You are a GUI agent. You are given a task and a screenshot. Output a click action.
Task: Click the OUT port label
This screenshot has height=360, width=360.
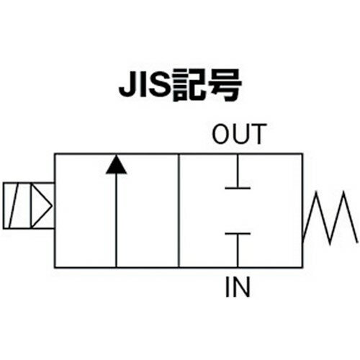point(240,134)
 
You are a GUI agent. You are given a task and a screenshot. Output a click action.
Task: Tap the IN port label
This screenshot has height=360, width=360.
point(238,287)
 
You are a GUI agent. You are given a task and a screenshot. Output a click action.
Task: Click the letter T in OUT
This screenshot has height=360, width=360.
point(258,134)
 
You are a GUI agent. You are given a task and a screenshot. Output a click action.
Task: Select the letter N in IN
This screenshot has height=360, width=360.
point(241,287)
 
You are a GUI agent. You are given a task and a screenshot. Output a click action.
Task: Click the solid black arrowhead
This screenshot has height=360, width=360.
point(116,164)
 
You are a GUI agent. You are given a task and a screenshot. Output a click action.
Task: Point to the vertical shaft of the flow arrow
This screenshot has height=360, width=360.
point(116,220)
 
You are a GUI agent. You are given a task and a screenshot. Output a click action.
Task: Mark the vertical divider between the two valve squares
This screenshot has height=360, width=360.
point(179,210)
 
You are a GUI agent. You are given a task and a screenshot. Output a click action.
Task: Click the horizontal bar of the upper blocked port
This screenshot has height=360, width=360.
point(238,189)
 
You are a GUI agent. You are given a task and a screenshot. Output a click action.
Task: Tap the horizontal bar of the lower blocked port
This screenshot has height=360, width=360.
point(238,233)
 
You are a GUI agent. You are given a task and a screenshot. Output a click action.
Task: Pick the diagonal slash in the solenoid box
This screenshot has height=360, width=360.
point(14,206)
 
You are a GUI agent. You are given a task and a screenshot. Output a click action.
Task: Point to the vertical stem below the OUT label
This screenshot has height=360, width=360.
point(238,171)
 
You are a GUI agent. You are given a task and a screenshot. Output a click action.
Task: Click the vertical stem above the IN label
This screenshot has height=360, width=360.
point(238,250)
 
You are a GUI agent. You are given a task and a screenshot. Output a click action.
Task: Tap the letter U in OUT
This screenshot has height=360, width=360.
point(240,134)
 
